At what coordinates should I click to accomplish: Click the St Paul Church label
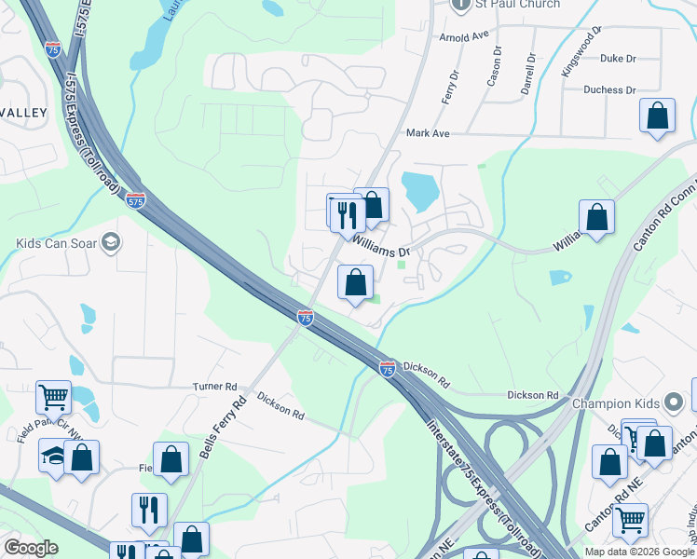click(518, 4)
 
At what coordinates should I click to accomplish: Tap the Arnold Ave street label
click(464, 36)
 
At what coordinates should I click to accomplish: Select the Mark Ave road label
click(428, 133)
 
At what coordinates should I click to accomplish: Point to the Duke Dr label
click(618, 58)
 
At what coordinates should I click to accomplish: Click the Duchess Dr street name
click(609, 90)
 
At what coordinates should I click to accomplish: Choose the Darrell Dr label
click(528, 73)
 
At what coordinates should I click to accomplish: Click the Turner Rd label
click(214, 387)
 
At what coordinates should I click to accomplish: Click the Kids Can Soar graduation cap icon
click(111, 244)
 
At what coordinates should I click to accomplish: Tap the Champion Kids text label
click(615, 403)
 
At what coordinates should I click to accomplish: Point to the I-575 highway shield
click(135, 200)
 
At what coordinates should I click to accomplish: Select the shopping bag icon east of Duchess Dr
click(658, 116)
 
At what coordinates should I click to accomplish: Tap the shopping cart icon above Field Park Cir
click(53, 397)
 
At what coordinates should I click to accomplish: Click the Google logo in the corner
click(31, 547)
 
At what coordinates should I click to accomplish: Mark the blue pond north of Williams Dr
click(419, 191)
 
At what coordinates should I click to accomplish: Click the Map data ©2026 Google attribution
click(639, 552)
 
